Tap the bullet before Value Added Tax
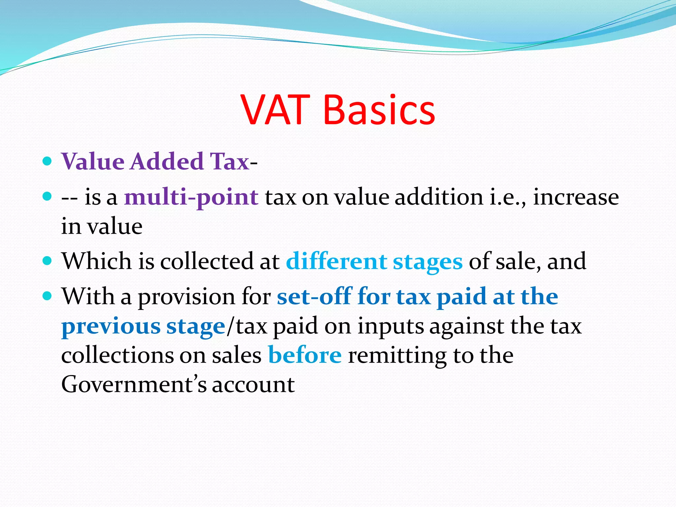(48, 161)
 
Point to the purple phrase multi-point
(191, 197)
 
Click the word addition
(439, 197)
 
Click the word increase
(576, 197)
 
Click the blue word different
(336, 261)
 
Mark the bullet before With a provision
(48, 296)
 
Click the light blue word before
(305, 355)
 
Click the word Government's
(134, 385)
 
